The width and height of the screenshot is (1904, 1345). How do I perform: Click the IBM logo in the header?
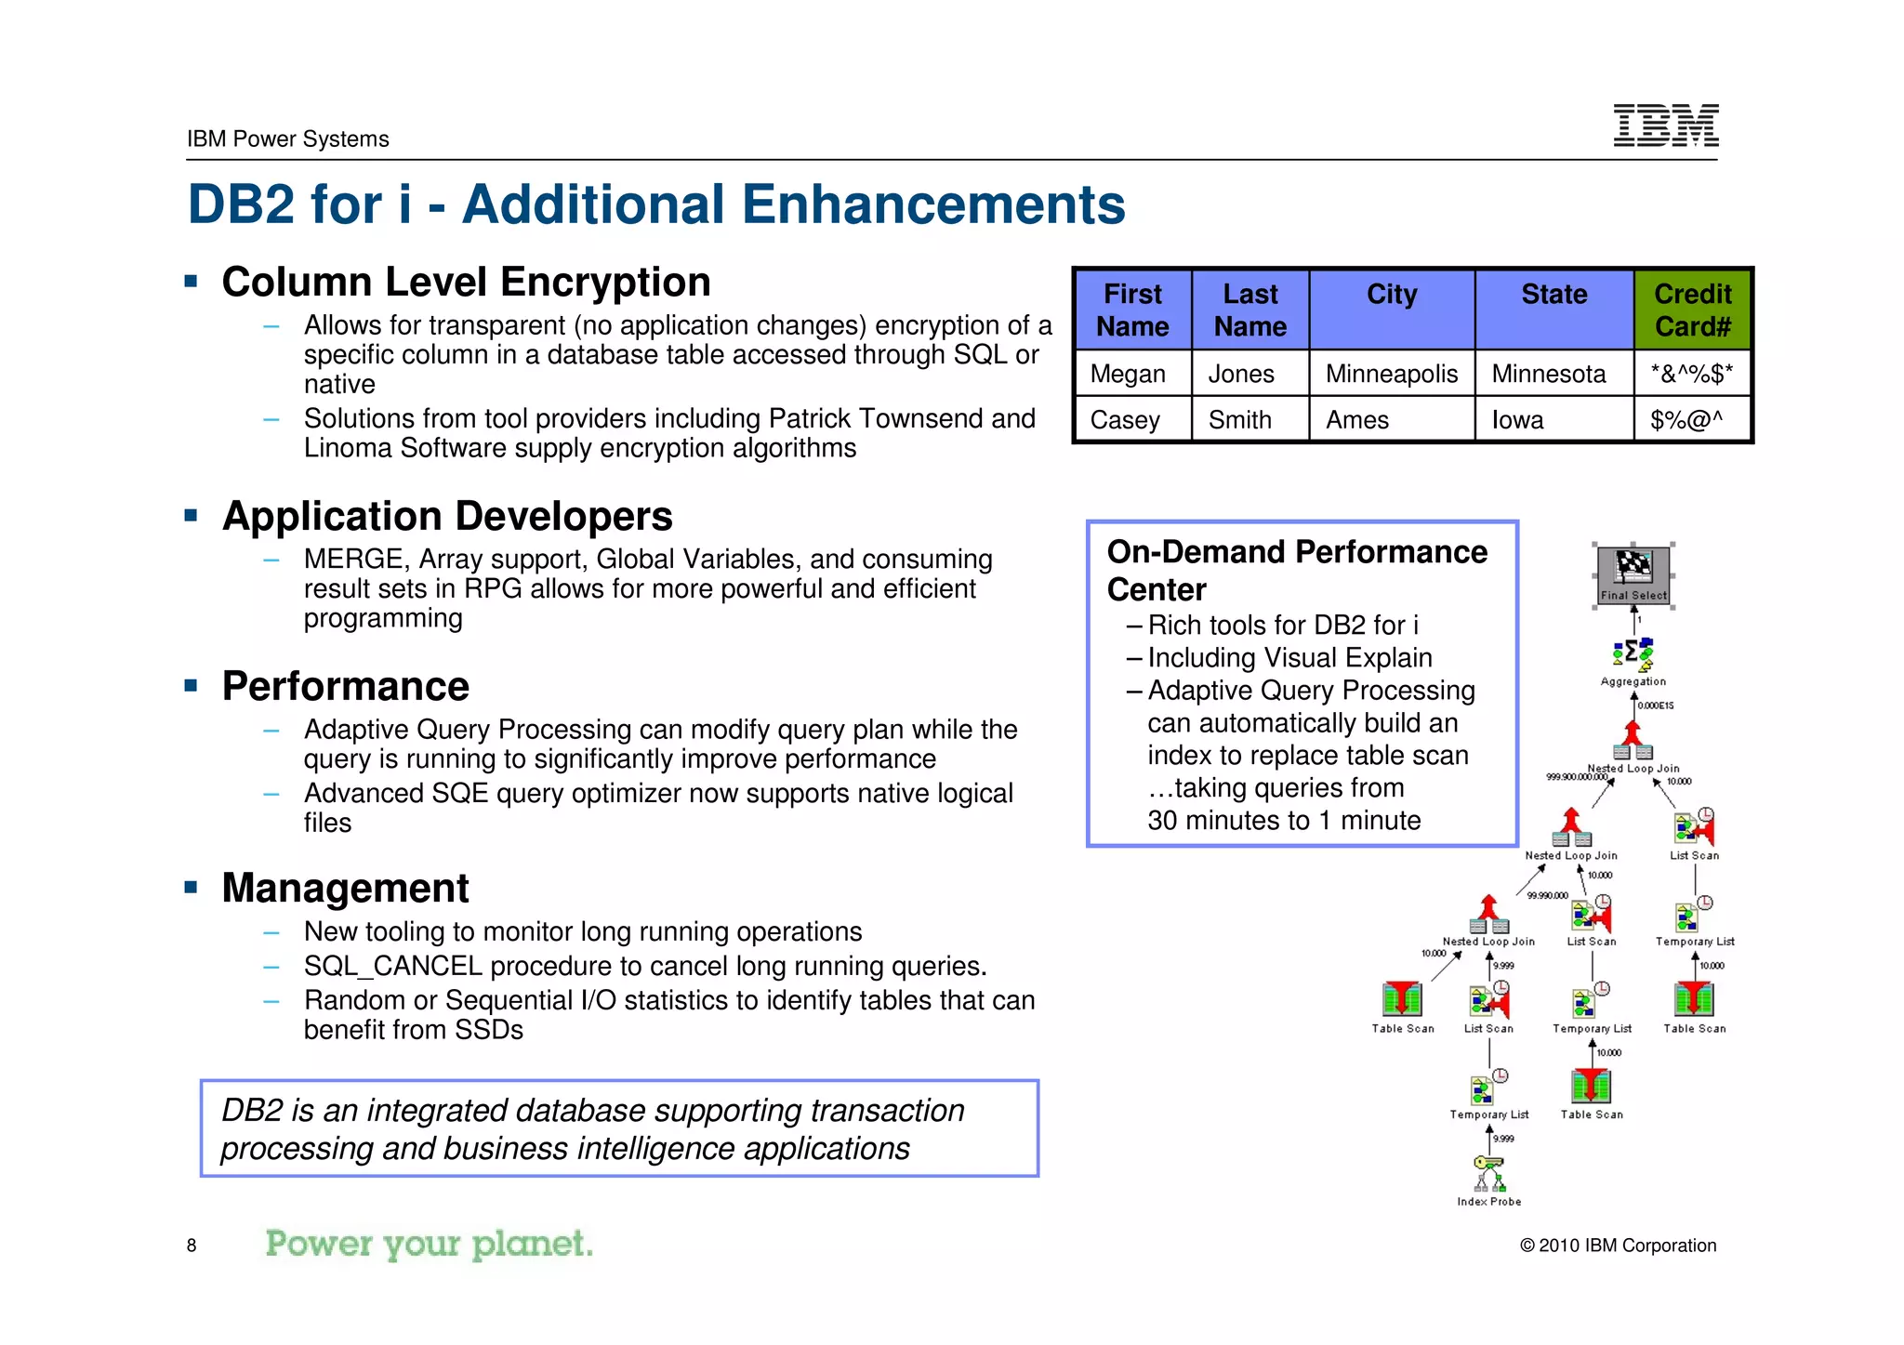[1665, 125]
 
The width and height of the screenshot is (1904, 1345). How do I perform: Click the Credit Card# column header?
[1692, 310]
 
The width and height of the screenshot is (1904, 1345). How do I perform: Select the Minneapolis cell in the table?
[1391, 374]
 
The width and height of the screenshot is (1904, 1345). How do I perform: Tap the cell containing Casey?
[1125, 420]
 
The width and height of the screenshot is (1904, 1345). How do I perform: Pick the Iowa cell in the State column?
[1517, 420]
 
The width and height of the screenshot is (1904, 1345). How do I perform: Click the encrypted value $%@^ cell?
[1686, 420]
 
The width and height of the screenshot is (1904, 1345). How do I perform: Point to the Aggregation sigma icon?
[1633, 654]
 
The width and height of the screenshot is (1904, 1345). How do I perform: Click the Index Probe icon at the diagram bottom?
[1488, 1173]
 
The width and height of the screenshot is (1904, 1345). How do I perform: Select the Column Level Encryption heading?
[466, 283]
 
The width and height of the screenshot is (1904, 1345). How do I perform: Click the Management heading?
[345, 889]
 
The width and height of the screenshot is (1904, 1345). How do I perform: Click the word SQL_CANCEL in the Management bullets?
[392, 967]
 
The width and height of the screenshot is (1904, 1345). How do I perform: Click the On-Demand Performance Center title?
[1296, 570]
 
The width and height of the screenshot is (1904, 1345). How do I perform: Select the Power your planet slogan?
[429, 1244]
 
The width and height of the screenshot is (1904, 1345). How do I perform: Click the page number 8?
[192, 1246]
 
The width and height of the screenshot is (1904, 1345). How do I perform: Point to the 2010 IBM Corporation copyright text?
[1618, 1246]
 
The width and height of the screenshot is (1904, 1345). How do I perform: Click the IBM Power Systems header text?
[287, 139]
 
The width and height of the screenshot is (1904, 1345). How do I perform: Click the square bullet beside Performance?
[192, 687]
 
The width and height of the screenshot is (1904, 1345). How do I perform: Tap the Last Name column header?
[1249, 310]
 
